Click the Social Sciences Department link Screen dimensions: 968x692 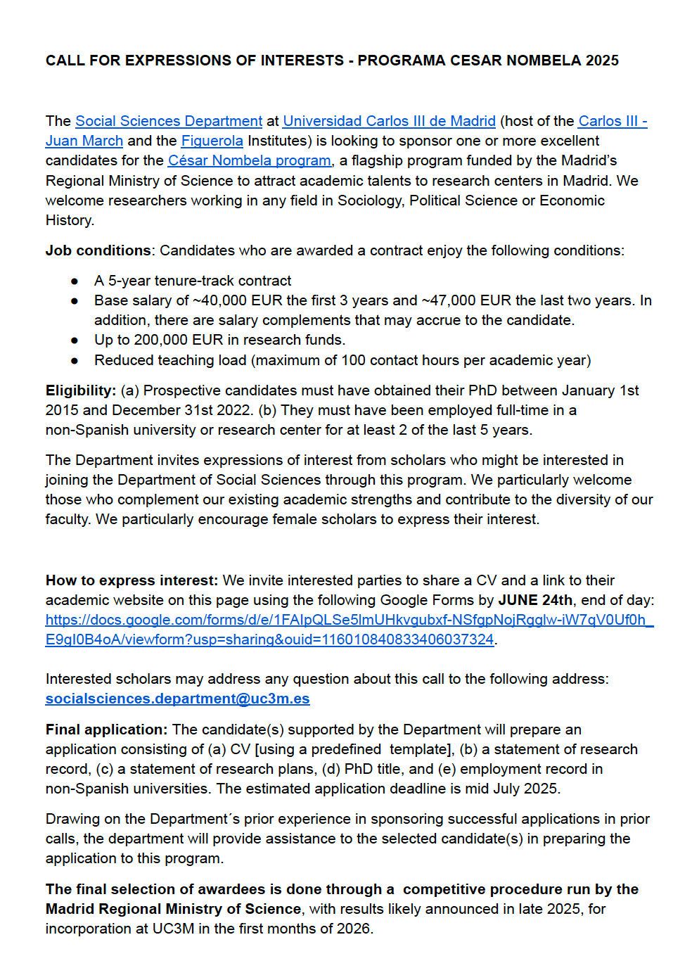click(169, 121)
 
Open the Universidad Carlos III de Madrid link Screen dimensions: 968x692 click(389, 121)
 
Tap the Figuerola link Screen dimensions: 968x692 click(212, 141)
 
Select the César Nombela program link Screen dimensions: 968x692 click(249, 160)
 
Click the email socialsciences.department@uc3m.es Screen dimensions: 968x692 click(177, 699)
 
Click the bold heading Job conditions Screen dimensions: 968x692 click(98, 250)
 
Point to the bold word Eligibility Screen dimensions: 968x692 click(80, 390)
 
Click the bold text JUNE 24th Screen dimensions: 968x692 click(535, 600)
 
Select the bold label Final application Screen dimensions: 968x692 click(105, 730)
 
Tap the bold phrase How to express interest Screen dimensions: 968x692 click(131, 580)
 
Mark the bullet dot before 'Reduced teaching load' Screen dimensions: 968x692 click(75, 360)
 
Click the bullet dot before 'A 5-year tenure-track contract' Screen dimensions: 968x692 click(75, 281)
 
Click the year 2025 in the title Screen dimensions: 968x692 click(602, 60)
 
